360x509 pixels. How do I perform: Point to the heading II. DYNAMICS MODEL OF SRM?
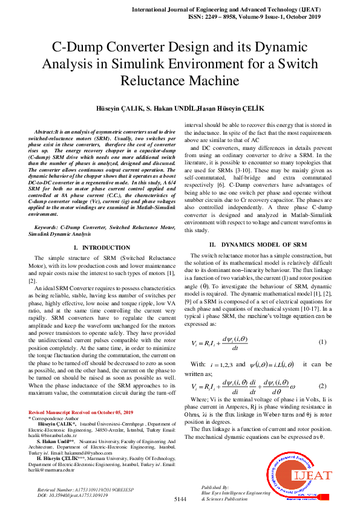254,244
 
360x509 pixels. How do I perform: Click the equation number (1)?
322,342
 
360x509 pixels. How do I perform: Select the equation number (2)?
322,386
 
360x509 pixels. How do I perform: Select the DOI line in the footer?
73,494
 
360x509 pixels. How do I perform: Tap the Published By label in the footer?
215,487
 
